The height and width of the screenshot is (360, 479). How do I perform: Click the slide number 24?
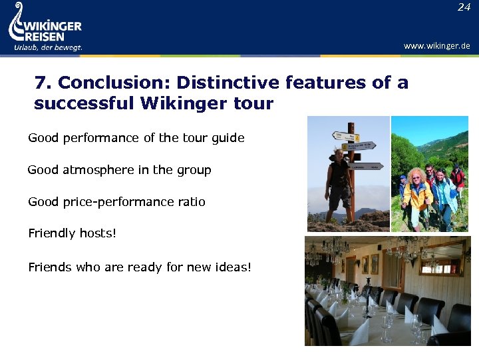point(464,7)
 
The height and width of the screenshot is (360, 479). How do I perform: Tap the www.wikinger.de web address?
point(437,46)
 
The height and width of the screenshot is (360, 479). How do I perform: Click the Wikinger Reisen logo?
point(45,27)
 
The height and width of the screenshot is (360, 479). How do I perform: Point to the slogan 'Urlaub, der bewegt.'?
point(48,47)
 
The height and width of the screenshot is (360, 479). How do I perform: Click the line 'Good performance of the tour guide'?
point(136,138)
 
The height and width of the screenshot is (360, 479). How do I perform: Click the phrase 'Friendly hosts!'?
point(72,233)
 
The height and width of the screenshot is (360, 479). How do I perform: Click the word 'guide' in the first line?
point(228,138)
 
